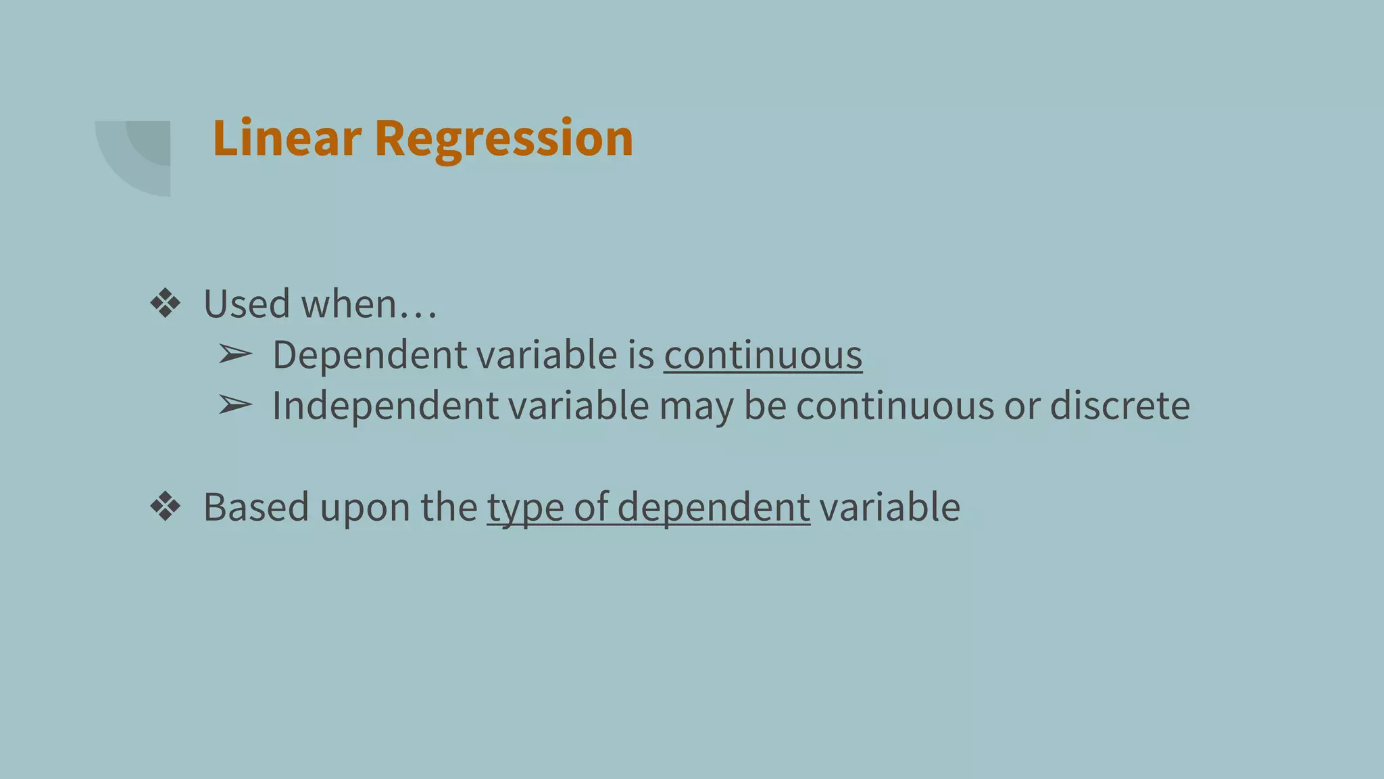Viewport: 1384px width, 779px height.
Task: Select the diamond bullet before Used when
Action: pyautogui.click(x=166, y=304)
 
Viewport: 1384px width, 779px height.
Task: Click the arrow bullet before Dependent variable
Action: pyautogui.click(x=235, y=354)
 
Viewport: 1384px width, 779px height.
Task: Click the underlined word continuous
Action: pyautogui.click(x=763, y=355)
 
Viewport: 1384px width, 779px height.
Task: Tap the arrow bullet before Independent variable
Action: pyautogui.click(x=235, y=406)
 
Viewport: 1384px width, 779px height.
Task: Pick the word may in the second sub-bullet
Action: pyautogui.click(x=696, y=407)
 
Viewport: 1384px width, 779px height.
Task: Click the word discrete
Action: pyautogui.click(x=1120, y=406)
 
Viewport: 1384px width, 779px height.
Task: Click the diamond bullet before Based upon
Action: pyautogui.click(x=166, y=507)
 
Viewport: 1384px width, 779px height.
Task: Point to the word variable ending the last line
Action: pyautogui.click(x=889, y=507)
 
